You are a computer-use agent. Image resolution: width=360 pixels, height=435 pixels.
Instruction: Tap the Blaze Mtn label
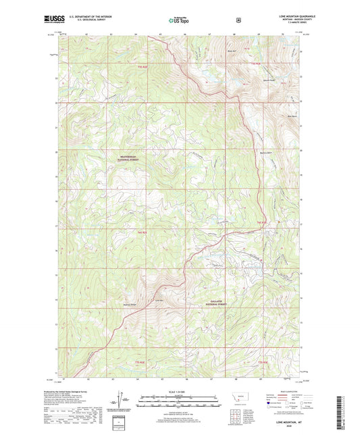tap(233, 51)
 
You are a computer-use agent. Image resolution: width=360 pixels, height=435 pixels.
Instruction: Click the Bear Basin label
tap(293, 116)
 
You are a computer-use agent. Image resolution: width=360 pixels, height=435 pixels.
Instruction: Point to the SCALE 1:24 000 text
tap(180, 392)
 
